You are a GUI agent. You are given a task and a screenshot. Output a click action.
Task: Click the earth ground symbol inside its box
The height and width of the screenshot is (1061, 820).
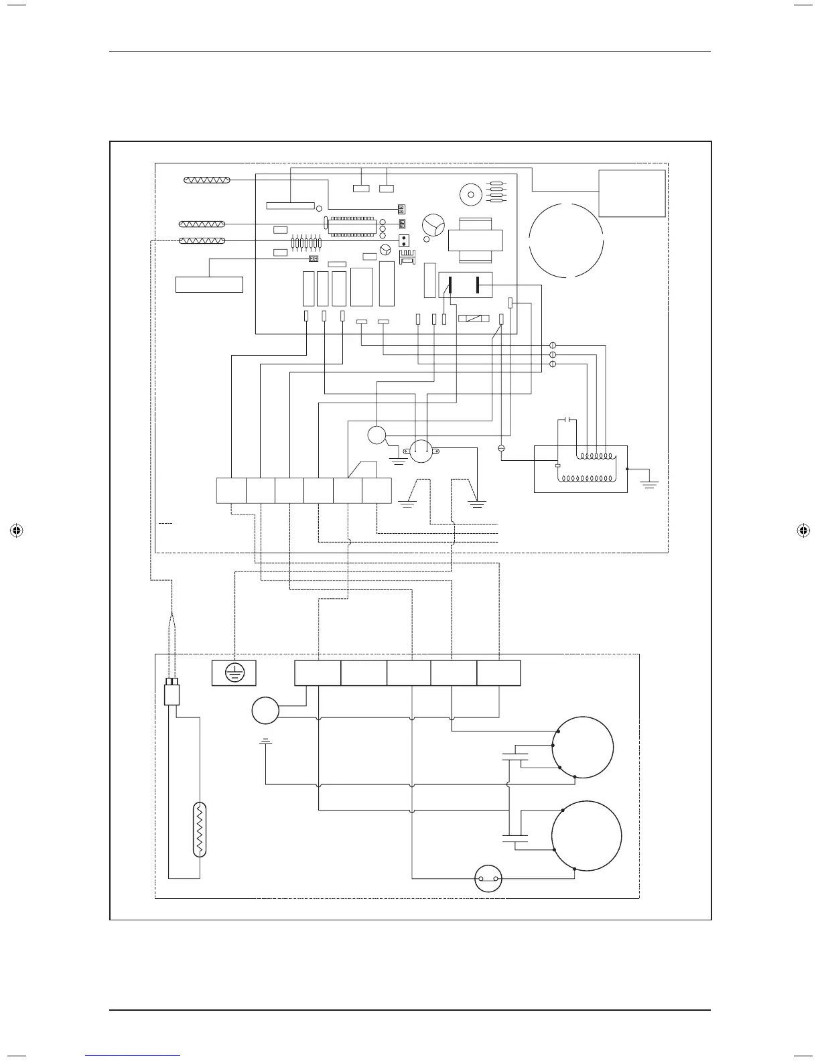(x=234, y=673)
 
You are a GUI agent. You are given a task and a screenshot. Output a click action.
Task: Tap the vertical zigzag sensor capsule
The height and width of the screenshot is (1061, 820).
(x=199, y=829)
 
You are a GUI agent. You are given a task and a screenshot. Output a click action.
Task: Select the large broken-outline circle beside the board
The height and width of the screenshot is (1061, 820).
(x=566, y=239)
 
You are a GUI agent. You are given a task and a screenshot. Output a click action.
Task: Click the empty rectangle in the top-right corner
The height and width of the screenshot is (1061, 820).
(x=632, y=193)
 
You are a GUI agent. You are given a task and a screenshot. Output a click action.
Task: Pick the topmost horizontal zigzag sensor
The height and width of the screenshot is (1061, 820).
(x=207, y=180)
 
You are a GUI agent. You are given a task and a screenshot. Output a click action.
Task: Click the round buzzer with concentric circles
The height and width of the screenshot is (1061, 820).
(x=470, y=196)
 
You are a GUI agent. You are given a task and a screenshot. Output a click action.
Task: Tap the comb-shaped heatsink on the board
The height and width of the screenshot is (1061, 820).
(x=407, y=258)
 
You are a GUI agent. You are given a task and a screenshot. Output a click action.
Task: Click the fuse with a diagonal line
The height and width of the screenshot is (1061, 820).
(x=473, y=319)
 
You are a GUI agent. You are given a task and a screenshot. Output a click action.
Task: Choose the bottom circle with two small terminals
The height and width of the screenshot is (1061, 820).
(x=488, y=879)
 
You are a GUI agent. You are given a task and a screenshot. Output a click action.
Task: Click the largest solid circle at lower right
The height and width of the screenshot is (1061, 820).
(x=586, y=836)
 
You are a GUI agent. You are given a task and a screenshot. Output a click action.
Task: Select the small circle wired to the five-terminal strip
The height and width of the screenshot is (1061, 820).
(x=265, y=711)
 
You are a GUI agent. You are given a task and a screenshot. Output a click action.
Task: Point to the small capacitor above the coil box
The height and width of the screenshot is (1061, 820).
(x=568, y=420)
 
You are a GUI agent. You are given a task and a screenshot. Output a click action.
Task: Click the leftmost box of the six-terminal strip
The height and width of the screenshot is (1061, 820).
(x=231, y=491)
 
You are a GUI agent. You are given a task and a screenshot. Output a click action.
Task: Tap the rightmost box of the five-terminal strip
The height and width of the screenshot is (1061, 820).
(x=498, y=673)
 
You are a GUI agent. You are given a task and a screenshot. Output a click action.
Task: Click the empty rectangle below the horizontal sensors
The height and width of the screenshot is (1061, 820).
(x=209, y=284)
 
